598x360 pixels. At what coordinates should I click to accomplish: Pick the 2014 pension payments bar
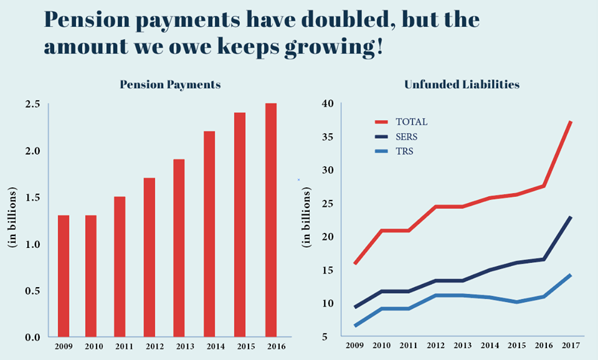click(209, 234)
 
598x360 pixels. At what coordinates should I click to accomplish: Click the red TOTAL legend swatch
click(381, 122)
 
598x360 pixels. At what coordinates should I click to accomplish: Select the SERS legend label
click(407, 136)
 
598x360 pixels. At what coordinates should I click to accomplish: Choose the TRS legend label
click(404, 151)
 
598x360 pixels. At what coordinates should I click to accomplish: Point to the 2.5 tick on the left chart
click(34, 104)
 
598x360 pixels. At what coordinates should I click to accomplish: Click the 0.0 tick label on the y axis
click(34, 337)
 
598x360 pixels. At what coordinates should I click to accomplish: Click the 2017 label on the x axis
click(570, 345)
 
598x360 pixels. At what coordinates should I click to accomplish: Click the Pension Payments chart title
click(170, 84)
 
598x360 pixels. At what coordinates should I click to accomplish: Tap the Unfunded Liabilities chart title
click(462, 84)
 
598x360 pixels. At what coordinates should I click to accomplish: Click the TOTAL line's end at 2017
click(570, 122)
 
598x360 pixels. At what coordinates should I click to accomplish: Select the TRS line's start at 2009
click(354, 325)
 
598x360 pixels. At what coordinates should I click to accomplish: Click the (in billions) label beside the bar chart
click(12, 219)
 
